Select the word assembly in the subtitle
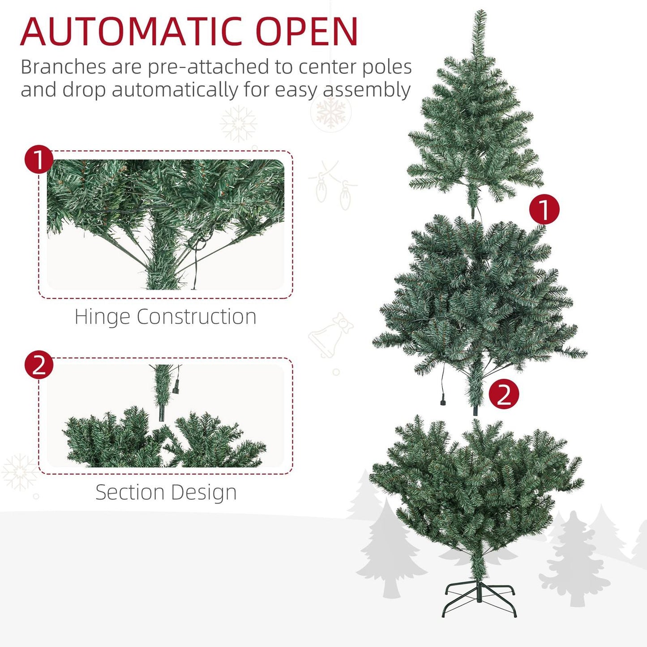(367, 90)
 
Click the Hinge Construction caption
(165, 317)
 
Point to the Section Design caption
(166, 492)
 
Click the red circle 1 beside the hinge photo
(39, 159)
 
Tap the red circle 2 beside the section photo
(39, 364)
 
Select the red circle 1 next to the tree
(544, 209)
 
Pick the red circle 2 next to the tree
(504, 394)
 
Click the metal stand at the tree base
(479, 598)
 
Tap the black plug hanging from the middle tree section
(443, 401)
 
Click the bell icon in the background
(330, 336)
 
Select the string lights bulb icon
(321, 190)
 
